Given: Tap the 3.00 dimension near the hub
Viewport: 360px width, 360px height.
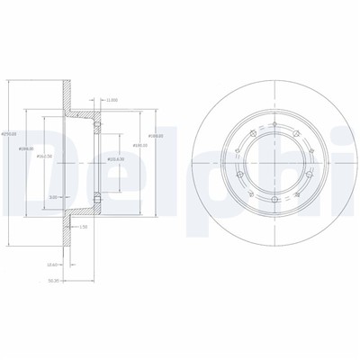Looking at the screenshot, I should (x=53, y=196).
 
